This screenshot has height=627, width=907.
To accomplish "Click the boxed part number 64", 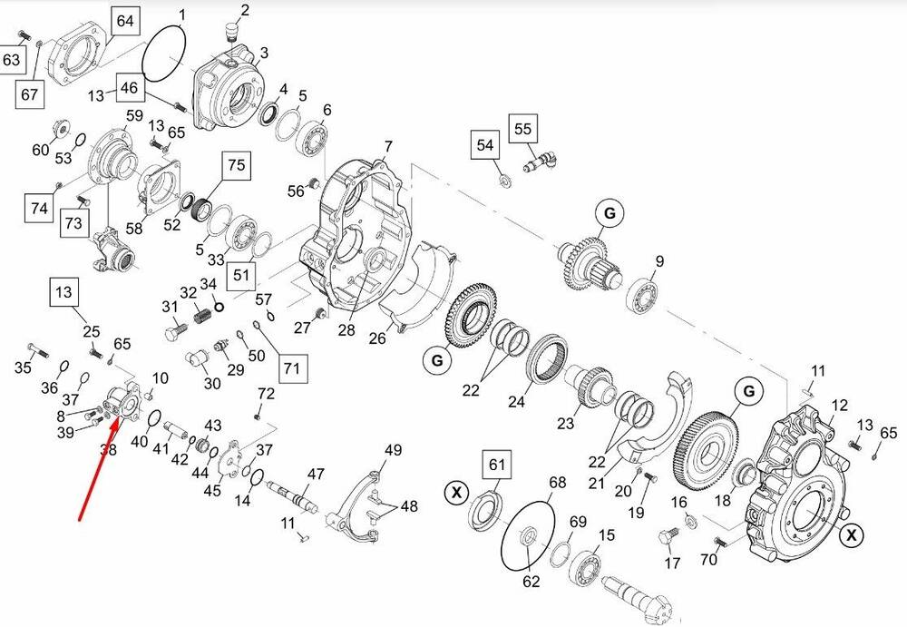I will (124, 21).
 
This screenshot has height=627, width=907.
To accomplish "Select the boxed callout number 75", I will (236, 165).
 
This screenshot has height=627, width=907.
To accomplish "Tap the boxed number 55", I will (523, 128).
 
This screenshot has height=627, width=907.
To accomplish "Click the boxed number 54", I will (485, 145).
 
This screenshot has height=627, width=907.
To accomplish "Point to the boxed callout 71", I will (290, 367).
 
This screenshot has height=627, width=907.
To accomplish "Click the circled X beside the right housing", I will (851, 535).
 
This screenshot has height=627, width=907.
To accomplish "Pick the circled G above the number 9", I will (610, 213).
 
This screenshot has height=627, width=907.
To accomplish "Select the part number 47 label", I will (316, 474).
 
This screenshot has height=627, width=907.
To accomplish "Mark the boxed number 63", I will (12, 60).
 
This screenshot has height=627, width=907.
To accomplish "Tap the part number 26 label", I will (376, 338).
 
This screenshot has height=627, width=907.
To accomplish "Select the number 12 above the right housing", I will (839, 405).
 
